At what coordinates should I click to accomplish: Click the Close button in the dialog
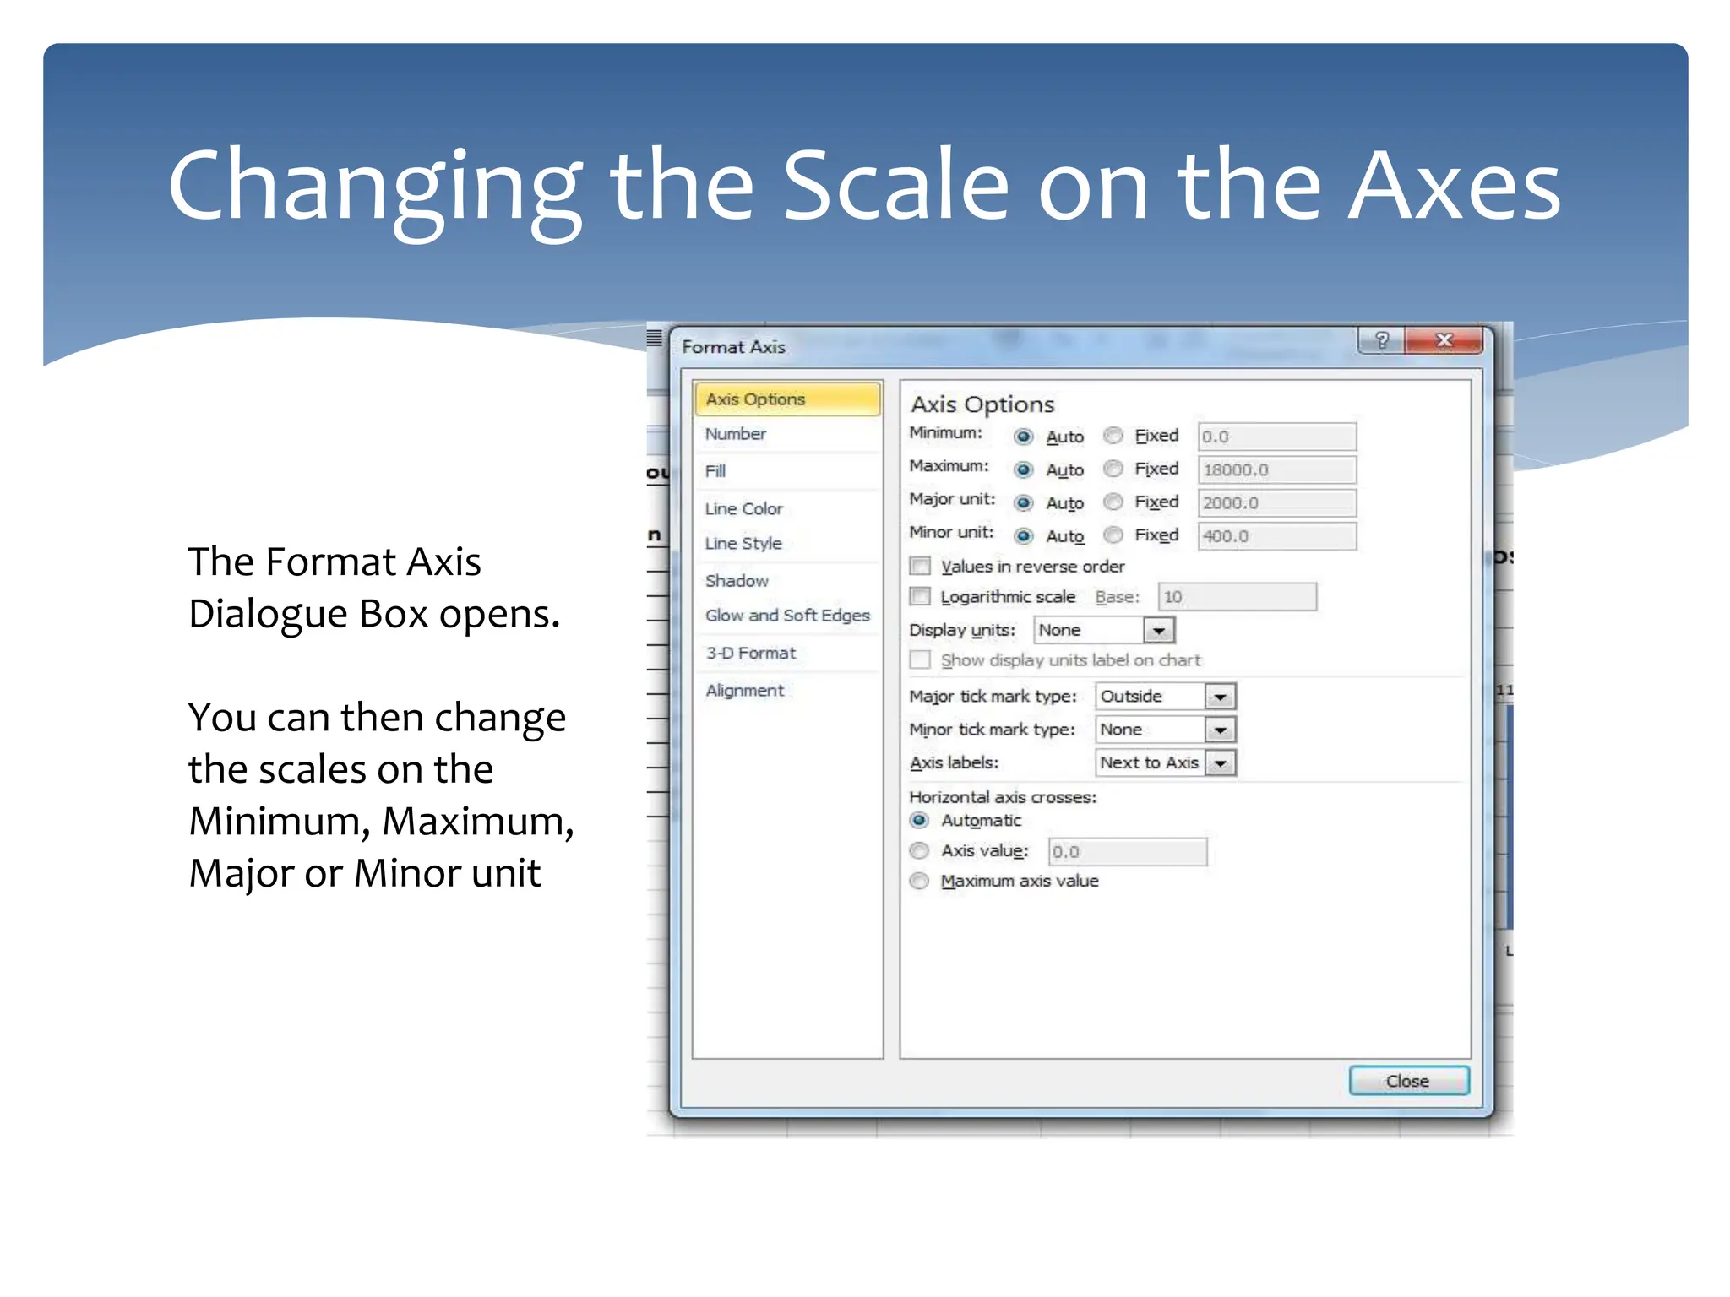pyautogui.click(x=1408, y=1081)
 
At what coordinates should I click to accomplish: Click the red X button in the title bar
pyautogui.click(x=1444, y=340)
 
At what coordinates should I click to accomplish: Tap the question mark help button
pyautogui.click(x=1381, y=340)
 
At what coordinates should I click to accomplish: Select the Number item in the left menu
pyautogui.click(x=735, y=434)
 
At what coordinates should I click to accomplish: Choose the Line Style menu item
pyautogui.click(x=743, y=544)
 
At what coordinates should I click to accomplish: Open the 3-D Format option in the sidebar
pyautogui.click(x=750, y=654)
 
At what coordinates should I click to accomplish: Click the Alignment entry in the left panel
pyautogui.click(x=744, y=691)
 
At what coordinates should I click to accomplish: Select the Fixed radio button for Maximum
pyautogui.click(x=1114, y=469)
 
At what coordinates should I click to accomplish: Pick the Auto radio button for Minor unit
pyautogui.click(x=1024, y=536)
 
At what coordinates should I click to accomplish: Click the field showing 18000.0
pyautogui.click(x=1276, y=469)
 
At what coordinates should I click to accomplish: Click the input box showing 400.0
pyautogui.click(x=1276, y=536)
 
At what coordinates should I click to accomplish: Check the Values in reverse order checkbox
pyautogui.click(x=920, y=566)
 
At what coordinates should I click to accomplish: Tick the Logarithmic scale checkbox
pyautogui.click(x=920, y=597)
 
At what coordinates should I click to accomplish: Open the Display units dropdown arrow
pyautogui.click(x=1158, y=631)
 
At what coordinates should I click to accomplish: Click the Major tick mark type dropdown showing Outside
pyautogui.click(x=1165, y=697)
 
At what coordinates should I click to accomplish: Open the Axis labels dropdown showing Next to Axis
pyautogui.click(x=1165, y=763)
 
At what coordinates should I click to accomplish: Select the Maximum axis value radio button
pyautogui.click(x=920, y=882)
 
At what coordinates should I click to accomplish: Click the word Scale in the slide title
pyautogui.click(x=895, y=186)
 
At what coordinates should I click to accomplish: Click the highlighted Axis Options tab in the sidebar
pyautogui.click(x=786, y=399)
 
